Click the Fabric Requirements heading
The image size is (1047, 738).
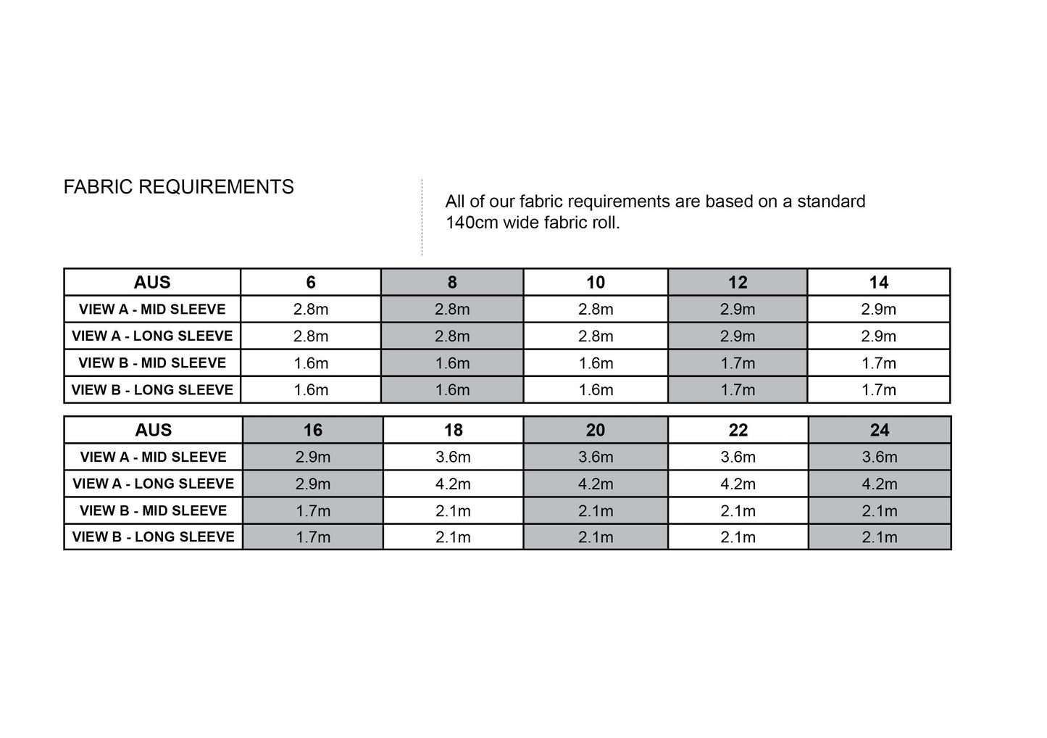click(179, 187)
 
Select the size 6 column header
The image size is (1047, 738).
click(311, 282)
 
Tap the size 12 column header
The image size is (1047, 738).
click(738, 282)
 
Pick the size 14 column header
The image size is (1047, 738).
click(879, 282)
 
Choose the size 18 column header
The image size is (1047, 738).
click(453, 430)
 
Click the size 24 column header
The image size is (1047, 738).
click(880, 430)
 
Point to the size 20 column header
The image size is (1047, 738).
click(596, 430)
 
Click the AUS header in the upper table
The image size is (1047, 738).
click(152, 282)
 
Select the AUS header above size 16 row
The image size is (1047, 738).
click(153, 430)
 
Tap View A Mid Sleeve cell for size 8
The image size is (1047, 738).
click(452, 309)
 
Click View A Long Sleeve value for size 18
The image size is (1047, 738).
click(453, 484)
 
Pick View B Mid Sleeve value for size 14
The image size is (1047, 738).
click(879, 362)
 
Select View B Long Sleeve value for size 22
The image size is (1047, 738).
click(738, 537)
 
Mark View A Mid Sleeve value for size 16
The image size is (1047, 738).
click(313, 457)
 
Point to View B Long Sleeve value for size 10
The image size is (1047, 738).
click(596, 389)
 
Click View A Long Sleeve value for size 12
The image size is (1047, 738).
click(738, 336)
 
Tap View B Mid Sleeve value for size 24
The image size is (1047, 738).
click(880, 510)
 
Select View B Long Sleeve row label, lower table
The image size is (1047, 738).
click(153, 537)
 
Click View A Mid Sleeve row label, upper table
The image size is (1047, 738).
click(152, 309)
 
